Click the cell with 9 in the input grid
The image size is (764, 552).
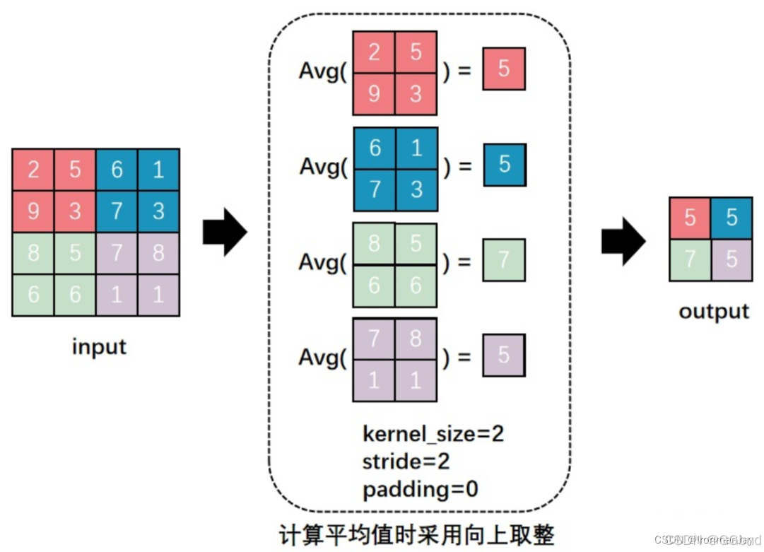[33, 211]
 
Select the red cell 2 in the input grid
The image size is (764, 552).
[33, 170]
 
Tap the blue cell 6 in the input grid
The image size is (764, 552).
[117, 170]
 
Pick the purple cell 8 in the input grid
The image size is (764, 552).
[158, 252]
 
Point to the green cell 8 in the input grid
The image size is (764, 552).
[33, 252]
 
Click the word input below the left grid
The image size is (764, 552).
[99, 347]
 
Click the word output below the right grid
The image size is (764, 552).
[713, 312]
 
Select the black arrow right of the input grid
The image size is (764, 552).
[225, 232]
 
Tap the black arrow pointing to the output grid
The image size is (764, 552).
[623, 240]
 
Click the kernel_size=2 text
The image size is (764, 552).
[433, 433]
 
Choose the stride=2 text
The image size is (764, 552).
[406, 462]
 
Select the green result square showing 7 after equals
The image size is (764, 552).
[503, 261]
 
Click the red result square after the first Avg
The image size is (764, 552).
[504, 69]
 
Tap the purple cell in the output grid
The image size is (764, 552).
[731, 259]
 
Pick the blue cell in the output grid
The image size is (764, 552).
[731, 217]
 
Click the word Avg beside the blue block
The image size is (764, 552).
[322, 167]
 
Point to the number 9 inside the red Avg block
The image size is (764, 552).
[374, 93]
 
